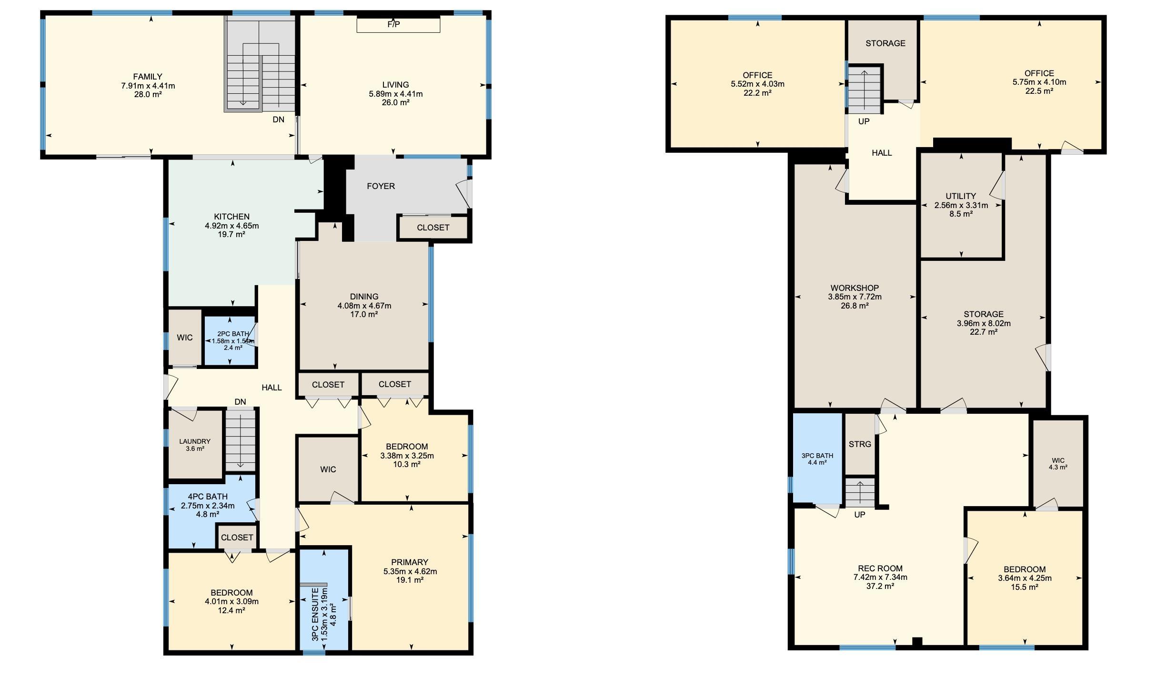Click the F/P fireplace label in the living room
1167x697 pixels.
393,24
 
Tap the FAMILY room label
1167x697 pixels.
148,77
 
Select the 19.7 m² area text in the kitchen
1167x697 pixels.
231,234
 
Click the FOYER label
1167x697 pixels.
381,186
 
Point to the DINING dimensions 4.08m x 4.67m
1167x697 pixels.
364,306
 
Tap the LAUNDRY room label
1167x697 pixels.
194,441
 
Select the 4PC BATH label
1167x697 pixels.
208,497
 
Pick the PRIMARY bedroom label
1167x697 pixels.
410,562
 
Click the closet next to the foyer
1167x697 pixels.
433,228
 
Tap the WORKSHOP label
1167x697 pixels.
855,288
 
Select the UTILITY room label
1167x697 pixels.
961,196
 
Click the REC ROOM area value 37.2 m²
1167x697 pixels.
880,586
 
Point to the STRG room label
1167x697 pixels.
860,444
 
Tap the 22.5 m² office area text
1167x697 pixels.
1039,91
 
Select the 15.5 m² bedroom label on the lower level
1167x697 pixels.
1025,587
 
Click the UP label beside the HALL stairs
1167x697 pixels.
864,121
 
